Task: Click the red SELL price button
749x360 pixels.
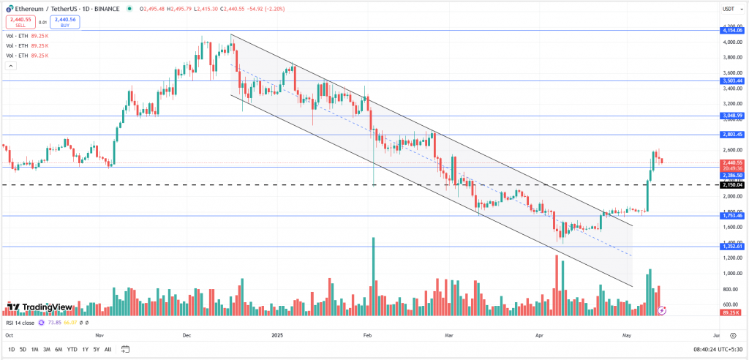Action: pos(20,23)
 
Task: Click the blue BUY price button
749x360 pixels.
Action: pos(65,23)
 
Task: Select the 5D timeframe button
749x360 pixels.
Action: pos(23,349)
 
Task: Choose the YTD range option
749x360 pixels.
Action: pos(72,349)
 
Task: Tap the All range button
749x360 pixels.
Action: pos(108,349)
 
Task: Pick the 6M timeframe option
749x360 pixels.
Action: pos(59,349)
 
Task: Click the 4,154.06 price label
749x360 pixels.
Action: pos(731,30)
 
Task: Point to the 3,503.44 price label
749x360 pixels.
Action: pos(731,80)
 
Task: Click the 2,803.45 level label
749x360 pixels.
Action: pos(731,135)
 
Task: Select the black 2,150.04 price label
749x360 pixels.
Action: pos(731,185)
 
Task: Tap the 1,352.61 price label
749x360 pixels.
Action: pos(731,247)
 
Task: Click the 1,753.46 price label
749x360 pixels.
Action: pos(731,216)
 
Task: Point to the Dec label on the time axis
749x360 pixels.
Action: pos(187,335)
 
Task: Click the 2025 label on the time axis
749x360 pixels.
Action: pos(276,335)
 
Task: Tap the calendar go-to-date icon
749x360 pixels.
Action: pos(126,349)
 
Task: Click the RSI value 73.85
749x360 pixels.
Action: pos(52,322)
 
